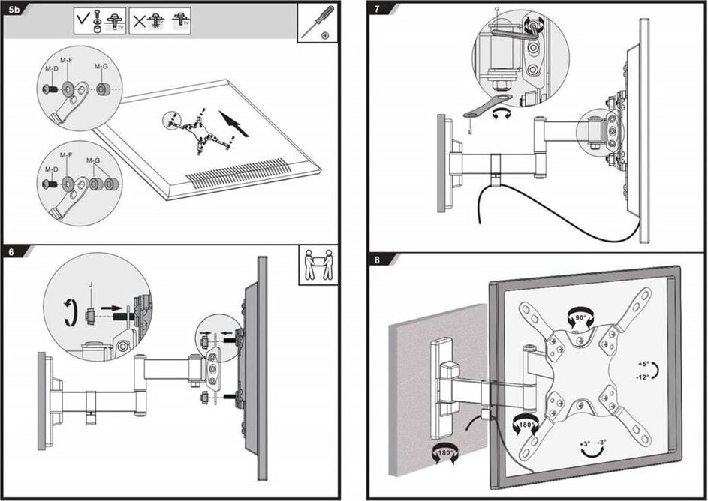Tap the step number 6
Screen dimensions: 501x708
pos(11,252)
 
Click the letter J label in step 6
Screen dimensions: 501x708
pos(90,285)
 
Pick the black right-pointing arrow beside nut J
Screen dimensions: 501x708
pos(111,308)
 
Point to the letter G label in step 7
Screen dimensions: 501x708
pos(496,9)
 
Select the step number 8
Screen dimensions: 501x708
pos(378,260)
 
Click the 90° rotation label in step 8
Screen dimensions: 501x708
pos(580,318)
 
